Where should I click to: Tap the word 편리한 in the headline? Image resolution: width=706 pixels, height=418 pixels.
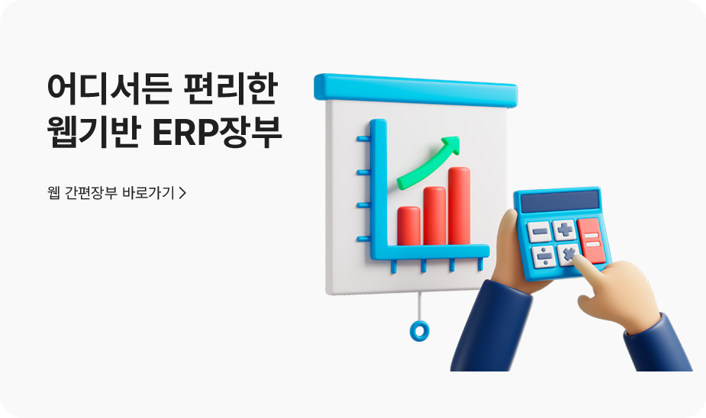click(233, 88)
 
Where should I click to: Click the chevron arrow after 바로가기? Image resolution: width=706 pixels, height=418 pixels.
click(182, 192)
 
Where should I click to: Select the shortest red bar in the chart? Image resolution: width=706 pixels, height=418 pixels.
click(409, 225)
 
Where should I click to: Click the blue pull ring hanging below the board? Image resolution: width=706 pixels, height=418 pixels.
click(419, 330)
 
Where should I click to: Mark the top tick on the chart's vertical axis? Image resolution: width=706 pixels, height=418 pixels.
click(364, 140)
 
